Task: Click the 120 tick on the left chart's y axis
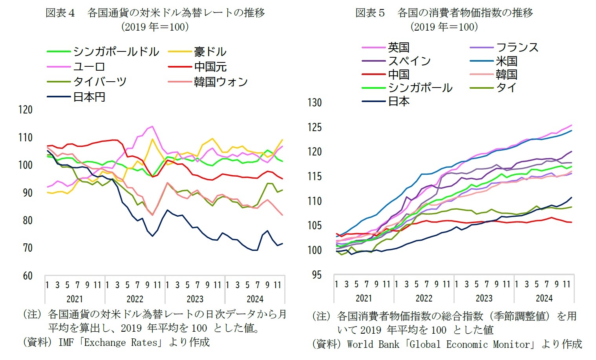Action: click(26, 110)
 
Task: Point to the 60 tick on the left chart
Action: click(27, 276)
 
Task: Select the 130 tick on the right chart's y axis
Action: click(314, 103)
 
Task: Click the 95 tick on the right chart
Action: click(316, 275)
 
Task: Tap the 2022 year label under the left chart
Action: click(135, 299)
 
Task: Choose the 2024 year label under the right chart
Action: click(544, 298)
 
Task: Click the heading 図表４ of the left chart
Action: click(60, 13)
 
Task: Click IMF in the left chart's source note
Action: click(66, 342)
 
